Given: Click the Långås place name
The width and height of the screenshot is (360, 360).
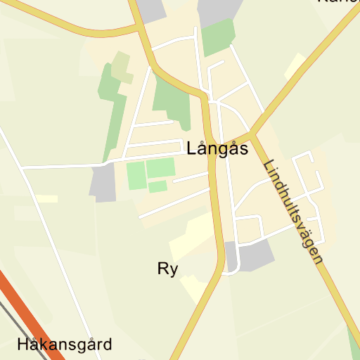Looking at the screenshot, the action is pyautogui.click(x=217, y=150).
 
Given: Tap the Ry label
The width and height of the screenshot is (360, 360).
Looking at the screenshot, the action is pyautogui.click(x=167, y=269).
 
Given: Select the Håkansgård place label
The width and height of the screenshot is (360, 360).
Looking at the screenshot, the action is pyautogui.click(x=65, y=345).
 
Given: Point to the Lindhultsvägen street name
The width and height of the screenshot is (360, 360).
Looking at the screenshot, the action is pyautogui.click(x=293, y=212).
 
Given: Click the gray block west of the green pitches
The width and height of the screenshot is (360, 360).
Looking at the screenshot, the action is pyautogui.click(x=103, y=182).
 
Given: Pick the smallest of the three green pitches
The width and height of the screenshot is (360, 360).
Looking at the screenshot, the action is pyautogui.click(x=157, y=186).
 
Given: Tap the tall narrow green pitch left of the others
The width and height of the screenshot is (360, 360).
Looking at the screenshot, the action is pyautogui.click(x=135, y=175).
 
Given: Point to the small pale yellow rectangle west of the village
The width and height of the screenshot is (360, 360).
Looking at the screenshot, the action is pyautogui.click(x=47, y=199).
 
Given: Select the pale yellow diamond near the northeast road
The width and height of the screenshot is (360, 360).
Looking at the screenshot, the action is pyautogui.click(x=295, y=65).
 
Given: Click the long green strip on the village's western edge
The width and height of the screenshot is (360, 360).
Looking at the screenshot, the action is pyautogui.click(x=110, y=112).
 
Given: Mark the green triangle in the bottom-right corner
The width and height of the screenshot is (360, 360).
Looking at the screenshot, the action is pyautogui.click(x=354, y=340).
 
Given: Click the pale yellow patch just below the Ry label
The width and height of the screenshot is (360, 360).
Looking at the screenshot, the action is pyautogui.click(x=194, y=288).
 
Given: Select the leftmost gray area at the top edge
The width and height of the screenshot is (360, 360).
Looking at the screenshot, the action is pyautogui.click(x=152, y=9).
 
